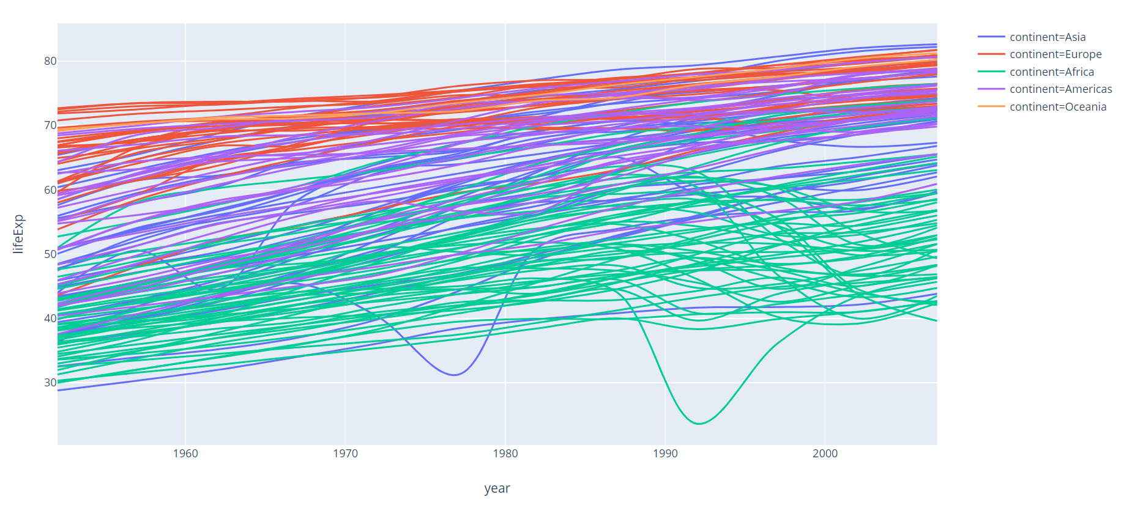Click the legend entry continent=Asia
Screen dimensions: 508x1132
click(x=1047, y=37)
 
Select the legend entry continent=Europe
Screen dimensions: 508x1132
click(x=1055, y=54)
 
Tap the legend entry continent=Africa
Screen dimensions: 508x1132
click(x=1051, y=72)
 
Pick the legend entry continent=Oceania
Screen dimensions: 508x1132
click(x=1057, y=107)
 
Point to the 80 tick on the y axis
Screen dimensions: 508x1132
click(x=50, y=61)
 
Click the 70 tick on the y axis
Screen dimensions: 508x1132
click(x=50, y=125)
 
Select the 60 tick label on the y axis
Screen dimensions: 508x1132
click(x=50, y=190)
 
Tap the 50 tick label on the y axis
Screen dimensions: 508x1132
click(x=50, y=254)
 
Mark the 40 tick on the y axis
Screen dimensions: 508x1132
click(x=50, y=318)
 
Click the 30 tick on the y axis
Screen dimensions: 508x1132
click(x=50, y=383)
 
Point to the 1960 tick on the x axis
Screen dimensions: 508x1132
click(x=185, y=454)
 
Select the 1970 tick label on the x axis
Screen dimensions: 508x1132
click(x=345, y=454)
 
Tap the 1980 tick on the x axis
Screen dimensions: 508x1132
click(x=505, y=454)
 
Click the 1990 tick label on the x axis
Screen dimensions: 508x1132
click(x=665, y=454)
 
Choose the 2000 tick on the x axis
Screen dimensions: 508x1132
click(x=825, y=454)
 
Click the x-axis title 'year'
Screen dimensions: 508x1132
click(x=497, y=488)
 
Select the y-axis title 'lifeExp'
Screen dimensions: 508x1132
click(x=18, y=234)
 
